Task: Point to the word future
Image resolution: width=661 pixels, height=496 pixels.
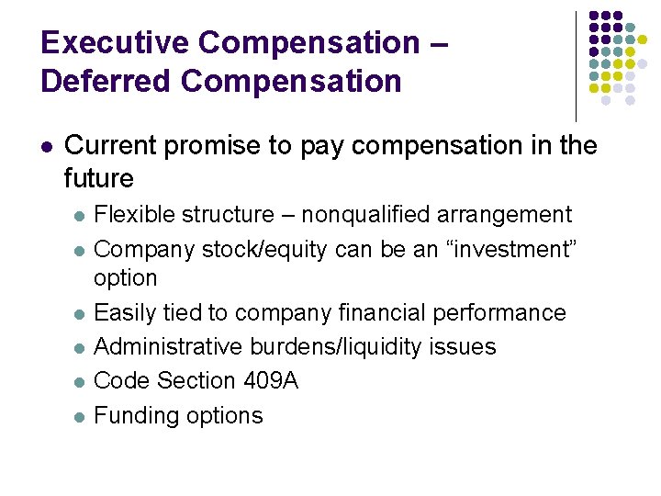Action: tap(99, 177)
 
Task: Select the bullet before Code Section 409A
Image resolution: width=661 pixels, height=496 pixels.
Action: tap(80, 382)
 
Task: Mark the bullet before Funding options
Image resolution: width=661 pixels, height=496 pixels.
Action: tap(80, 416)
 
